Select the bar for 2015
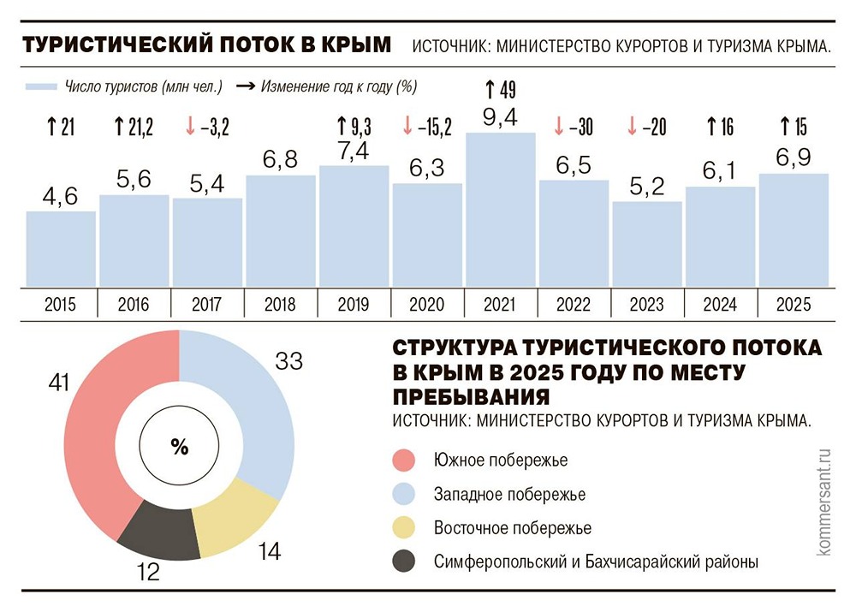coord(60,248)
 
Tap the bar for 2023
coord(646,244)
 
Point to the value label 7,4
coord(354,150)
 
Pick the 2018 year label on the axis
coord(280,305)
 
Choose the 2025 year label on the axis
coord(793,305)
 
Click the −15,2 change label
coord(426,128)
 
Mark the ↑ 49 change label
coord(500,88)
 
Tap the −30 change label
coord(573,128)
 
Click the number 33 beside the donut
coord(289,361)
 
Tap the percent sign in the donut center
coord(179,446)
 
